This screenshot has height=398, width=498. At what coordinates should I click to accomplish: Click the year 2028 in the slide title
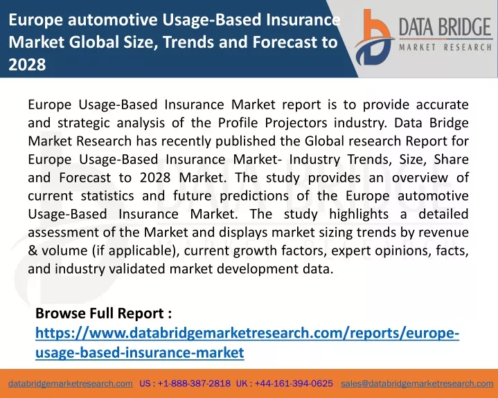point(27,64)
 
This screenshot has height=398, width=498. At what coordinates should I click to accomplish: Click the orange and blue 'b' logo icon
point(374,37)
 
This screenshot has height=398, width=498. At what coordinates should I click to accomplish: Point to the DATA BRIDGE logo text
point(445,27)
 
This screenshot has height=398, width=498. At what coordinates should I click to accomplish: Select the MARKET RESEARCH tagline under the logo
point(445,48)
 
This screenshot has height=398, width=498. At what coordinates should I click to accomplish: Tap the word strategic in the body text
point(84,123)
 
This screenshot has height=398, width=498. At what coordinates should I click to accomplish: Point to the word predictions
point(254,196)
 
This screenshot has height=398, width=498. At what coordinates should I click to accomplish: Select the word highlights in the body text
point(359,215)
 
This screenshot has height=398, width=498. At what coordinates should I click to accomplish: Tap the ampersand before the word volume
point(33,251)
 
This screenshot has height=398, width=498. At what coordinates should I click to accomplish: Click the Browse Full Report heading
point(103,314)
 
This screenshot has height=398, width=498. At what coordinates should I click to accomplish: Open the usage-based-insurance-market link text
point(140,352)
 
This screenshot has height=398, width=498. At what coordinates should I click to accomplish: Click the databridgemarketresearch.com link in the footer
point(71,383)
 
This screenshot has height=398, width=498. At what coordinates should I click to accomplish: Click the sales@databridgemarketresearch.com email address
point(417,383)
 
